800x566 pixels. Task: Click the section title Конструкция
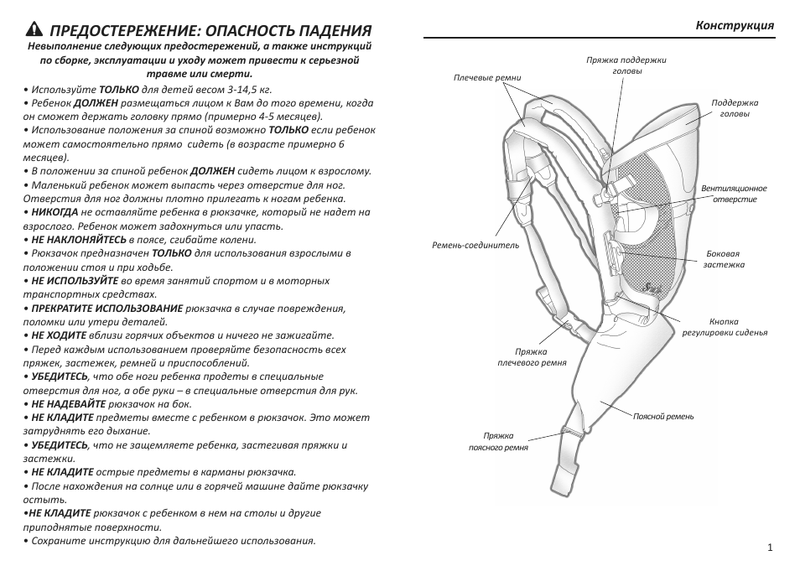pos(735,25)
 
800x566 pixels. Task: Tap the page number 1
pos(771,548)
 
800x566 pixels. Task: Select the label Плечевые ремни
pos(487,78)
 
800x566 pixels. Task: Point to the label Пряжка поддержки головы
pos(626,65)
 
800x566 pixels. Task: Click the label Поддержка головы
pos(735,108)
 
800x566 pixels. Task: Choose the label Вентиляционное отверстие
pos(734,194)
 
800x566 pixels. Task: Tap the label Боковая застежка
pos(724,259)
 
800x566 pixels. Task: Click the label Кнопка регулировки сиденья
pos(725,327)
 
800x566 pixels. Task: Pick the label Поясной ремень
pos(663,417)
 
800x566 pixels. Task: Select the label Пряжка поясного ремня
pos(498,441)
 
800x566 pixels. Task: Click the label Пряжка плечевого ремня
pos(532,357)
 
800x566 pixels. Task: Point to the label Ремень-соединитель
pos(475,245)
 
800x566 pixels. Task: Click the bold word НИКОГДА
pos(55,212)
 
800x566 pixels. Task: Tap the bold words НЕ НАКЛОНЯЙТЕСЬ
pos(79,239)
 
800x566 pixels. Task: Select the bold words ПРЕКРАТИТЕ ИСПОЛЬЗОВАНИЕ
pos(107,309)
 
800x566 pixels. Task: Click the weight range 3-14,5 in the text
pos(245,90)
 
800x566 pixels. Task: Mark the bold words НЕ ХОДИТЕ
pos(59,335)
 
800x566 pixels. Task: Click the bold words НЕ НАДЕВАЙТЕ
pos(69,404)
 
